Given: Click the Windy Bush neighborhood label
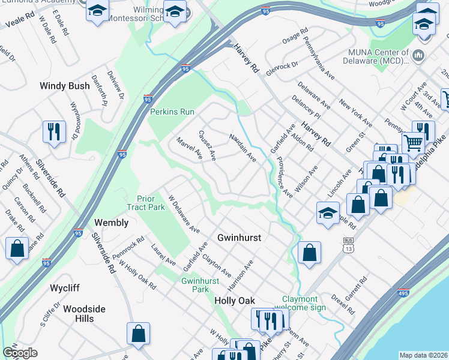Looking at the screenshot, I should pyautogui.click(x=65, y=86).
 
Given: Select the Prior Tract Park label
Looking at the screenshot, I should pyautogui.click(x=142, y=203).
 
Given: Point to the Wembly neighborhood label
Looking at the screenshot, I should pyautogui.click(x=112, y=223).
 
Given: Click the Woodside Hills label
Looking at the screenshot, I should pyautogui.click(x=84, y=313).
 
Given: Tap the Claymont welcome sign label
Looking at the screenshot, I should pyautogui.click(x=304, y=303).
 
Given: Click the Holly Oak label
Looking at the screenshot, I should pyautogui.click(x=235, y=301).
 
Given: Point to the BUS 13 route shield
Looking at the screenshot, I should pyautogui.click(x=348, y=243).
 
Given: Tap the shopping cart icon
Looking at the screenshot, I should pyautogui.click(x=412, y=143).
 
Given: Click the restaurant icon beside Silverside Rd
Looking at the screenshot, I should pyautogui.click(x=55, y=131).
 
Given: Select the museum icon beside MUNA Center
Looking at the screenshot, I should pyautogui.click(x=418, y=56).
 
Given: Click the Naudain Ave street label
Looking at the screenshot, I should pyautogui.click(x=243, y=148).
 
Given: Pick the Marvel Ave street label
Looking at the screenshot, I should pyautogui.click(x=188, y=149).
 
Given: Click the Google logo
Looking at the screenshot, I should pyautogui.click(x=20, y=353).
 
